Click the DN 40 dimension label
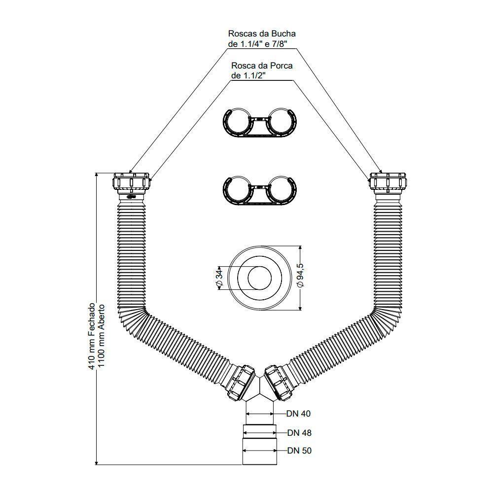[x=298, y=414]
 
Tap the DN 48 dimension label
[x=299, y=433]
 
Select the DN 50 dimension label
[x=299, y=451]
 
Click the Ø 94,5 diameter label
[x=301, y=275]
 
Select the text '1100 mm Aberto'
[x=101, y=336]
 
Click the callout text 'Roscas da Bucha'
[x=262, y=34]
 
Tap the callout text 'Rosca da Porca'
[x=262, y=66]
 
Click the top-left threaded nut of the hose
[x=132, y=183]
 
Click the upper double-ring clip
[x=260, y=122]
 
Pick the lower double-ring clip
[x=260, y=190]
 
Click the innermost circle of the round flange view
[x=260, y=278]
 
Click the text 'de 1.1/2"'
[x=248, y=76]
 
